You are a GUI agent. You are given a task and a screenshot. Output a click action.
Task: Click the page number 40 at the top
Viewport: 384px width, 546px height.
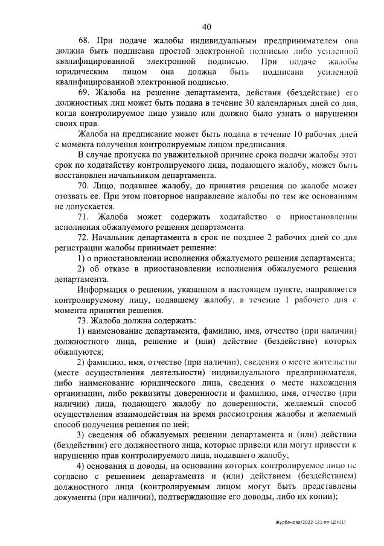coord(206,27)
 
